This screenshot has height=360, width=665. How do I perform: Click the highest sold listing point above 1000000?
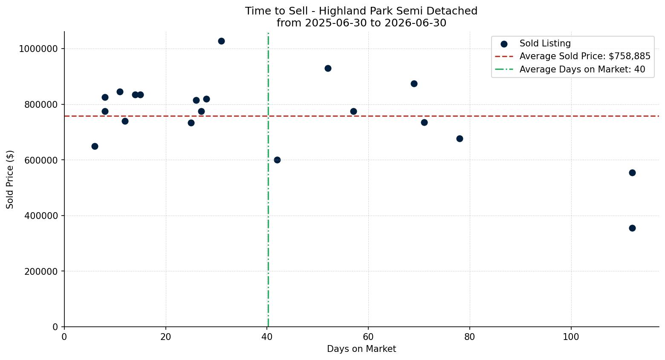(x=221, y=41)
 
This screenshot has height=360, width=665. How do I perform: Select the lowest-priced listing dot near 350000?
(x=632, y=228)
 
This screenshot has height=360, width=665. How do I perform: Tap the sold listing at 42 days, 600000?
(x=277, y=160)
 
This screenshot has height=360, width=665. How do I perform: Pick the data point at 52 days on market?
(x=328, y=69)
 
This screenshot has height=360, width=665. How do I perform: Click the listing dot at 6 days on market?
(x=95, y=146)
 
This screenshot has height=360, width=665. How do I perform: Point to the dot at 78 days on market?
(x=460, y=138)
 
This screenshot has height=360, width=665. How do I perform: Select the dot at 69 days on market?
(x=414, y=84)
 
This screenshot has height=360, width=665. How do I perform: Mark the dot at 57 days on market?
(x=353, y=112)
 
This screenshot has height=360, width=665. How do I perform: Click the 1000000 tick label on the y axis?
(x=38, y=49)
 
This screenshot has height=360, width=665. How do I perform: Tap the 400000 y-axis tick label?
(x=41, y=216)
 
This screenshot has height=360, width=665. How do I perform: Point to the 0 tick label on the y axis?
(x=55, y=327)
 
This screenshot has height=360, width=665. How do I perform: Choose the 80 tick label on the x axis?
(x=470, y=337)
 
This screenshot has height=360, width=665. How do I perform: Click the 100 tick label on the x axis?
(x=571, y=337)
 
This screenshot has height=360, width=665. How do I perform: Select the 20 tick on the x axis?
(x=166, y=337)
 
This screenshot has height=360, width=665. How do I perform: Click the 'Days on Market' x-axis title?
(x=361, y=349)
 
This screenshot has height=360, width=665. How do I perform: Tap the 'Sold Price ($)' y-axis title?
(x=10, y=179)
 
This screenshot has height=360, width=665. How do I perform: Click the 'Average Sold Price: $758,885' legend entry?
(x=572, y=56)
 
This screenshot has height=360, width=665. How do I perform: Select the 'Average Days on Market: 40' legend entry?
(x=570, y=69)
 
